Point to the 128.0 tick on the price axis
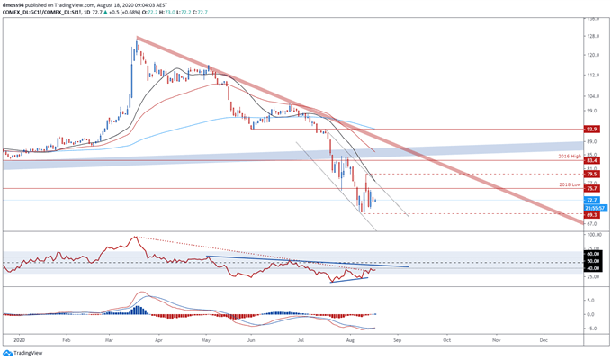(x=594, y=36)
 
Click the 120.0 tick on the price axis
(x=594, y=55)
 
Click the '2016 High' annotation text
(x=571, y=156)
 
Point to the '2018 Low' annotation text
(x=571, y=184)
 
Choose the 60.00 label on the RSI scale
(x=593, y=255)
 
